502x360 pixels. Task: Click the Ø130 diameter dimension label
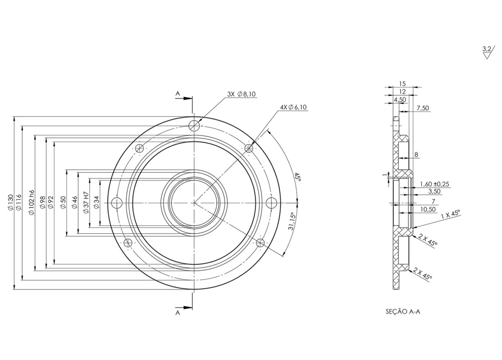tap(10, 202)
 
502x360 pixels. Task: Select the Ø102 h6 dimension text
tap(31, 202)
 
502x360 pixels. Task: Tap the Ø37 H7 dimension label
tap(86, 202)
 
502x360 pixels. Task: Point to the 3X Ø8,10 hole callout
tap(242, 94)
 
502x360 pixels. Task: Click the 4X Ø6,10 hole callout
tap(294, 107)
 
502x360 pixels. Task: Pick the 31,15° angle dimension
tap(291, 221)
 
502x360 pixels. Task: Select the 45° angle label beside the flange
tap(298, 177)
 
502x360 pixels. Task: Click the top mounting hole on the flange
tap(194, 125)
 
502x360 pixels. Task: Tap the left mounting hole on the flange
tap(117, 203)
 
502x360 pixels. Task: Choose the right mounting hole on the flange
tap(272, 203)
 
